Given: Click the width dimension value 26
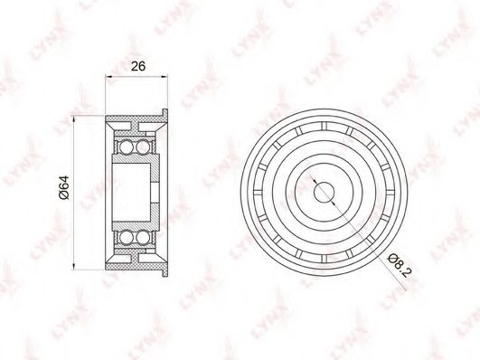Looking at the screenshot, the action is click(138, 66).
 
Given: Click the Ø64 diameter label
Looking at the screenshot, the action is click(64, 188).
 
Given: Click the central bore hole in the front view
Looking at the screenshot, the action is click(324, 193).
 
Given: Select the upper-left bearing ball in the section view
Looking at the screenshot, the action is click(126, 147).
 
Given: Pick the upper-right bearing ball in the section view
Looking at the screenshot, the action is click(142, 147).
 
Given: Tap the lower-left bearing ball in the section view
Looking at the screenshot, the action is click(126, 238).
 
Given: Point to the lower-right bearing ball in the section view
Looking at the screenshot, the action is click(142, 238).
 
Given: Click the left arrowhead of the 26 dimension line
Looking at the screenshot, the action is click(108, 77).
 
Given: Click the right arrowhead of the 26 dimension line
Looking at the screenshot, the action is click(165, 77).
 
